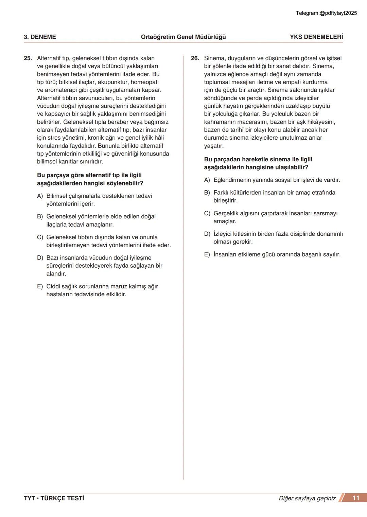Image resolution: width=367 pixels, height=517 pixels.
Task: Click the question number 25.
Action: click(x=28, y=58)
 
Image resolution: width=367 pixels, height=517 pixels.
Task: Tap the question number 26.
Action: click(x=195, y=58)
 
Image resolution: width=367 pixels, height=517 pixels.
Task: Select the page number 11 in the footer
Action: click(x=356, y=498)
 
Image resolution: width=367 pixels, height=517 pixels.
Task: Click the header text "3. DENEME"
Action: click(x=40, y=37)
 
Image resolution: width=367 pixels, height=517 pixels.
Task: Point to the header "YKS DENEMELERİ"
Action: click(x=316, y=37)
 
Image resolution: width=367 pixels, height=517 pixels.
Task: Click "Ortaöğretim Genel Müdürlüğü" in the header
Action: click(x=183, y=37)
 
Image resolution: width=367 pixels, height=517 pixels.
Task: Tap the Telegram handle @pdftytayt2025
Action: click(x=338, y=13)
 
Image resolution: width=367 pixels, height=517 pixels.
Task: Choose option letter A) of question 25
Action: click(x=40, y=196)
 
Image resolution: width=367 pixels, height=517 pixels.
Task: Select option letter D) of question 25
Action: click(x=40, y=258)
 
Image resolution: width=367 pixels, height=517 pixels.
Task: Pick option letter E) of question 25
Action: click(x=40, y=286)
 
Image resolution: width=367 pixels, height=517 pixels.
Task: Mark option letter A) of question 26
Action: click(x=207, y=180)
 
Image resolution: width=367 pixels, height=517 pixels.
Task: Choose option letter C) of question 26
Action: click(x=207, y=213)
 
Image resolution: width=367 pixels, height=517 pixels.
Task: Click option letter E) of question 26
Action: click(x=207, y=254)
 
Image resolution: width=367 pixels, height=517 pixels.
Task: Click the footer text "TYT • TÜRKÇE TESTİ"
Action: click(x=54, y=498)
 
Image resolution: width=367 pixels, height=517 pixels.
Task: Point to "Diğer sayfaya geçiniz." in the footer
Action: click(x=308, y=498)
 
